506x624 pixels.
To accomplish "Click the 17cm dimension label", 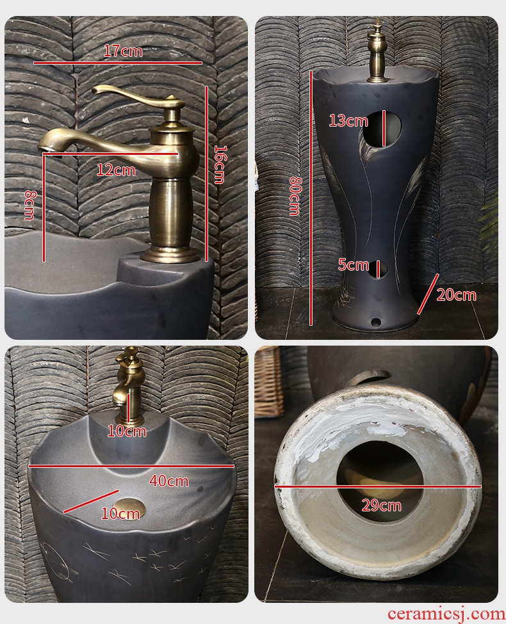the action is [123, 51].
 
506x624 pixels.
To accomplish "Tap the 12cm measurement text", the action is [116, 170].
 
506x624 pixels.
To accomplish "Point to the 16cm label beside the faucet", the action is [219, 164].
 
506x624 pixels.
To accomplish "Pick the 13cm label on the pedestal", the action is [348, 120].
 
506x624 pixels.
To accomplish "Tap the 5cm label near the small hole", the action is [354, 265].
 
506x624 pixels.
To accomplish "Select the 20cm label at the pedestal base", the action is [456, 295].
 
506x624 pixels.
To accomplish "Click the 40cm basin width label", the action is [169, 481].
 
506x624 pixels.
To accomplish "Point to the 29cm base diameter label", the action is [381, 506].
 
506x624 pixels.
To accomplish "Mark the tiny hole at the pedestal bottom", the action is [375, 321].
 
